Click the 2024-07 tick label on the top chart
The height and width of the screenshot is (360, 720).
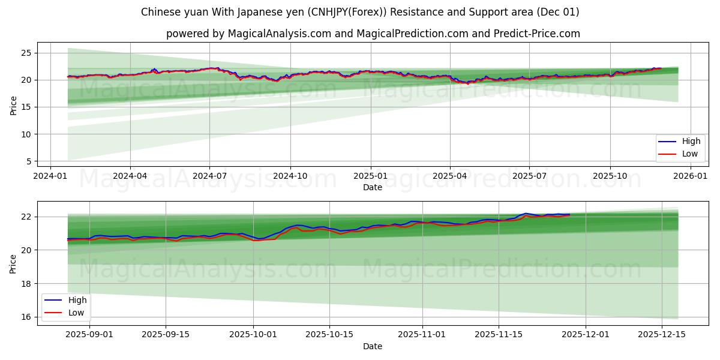tap(209, 176)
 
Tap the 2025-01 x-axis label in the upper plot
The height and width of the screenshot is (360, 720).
tap(370, 176)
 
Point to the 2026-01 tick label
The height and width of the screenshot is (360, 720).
tap(691, 176)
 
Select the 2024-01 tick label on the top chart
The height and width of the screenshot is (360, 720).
tap(50, 176)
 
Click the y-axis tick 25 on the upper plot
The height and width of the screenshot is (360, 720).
tap(26, 53)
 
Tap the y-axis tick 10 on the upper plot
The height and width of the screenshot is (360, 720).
tap(26, 134)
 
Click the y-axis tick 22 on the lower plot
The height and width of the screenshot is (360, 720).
tap(26, 217)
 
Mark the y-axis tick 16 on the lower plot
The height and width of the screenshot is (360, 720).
tap(26, 317)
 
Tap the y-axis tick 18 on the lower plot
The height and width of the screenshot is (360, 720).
tap(26, 283)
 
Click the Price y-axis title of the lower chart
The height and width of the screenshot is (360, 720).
tap(13, 263)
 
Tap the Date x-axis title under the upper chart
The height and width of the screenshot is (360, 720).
tap(373, 187)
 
